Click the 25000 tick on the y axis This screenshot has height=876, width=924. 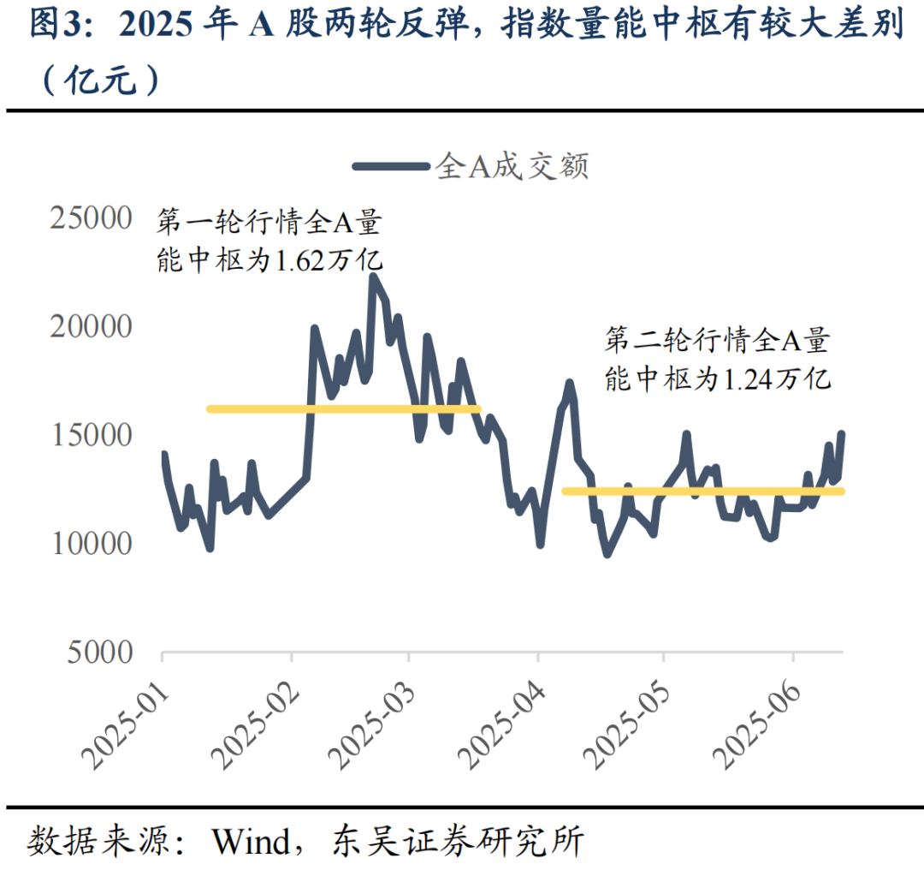[x=92, y=218]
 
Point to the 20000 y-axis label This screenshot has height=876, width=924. [x=92, y=327]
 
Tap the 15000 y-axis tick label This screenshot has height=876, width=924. [x=92, y=436]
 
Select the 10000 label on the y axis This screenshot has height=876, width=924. [x=92, y=545]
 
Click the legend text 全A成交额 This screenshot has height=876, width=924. [x=512, y=165]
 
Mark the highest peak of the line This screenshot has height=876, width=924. [x=373, y=277]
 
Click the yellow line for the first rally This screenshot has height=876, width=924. [x=342, y=409]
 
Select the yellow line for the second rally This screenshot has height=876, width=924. [x=702, y=492]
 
